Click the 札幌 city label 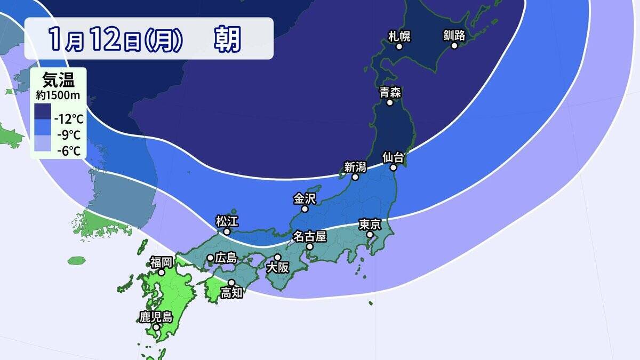pyautogui.click(x=399, y=36)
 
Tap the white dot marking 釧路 pyautogui.click(x=454, y=46)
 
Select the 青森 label pyautogui.click(x=390, y=92)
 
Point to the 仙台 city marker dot pyautogui.click(x=394, y=167)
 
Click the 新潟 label pyautogui.click(x=355, y=166)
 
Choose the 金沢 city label pyautogui.click(x=305, y=198)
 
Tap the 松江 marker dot pyautogui.click(x=227, y=232)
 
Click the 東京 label pyautogui.click(x=369, y=224)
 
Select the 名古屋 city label pyautogui.click(x=309, y=236)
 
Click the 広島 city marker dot pyautogui.click(x=210, y=258)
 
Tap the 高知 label pyautogui.click(x=231, y=293)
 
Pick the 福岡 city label pyautogui.click(x=161, y=261)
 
